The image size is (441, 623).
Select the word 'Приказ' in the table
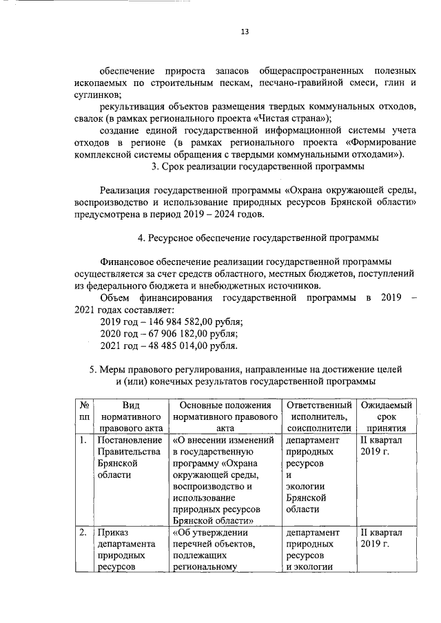(x=113, y=532)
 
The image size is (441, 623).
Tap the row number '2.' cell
(x=82, y=532)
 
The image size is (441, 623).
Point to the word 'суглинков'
(x=98, y=94)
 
